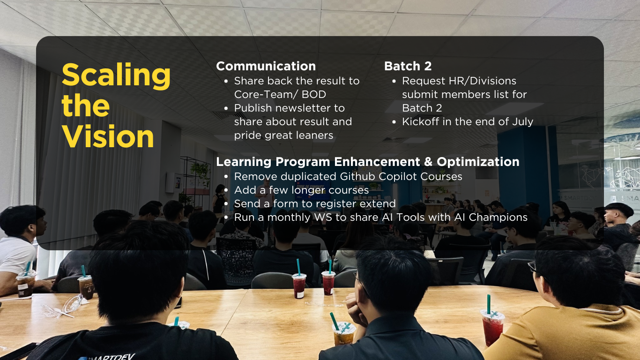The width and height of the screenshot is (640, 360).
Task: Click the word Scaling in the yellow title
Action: point(116,75)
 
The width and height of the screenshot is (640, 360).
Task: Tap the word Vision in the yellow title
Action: point(108,136)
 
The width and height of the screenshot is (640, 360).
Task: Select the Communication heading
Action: point(266,66)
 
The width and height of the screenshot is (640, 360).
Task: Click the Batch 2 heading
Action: point(408,66)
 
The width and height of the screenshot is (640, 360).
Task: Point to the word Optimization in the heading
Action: point(478,162)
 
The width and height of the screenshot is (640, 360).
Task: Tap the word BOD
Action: point(314,94)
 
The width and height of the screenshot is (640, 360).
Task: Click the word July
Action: point(522,122)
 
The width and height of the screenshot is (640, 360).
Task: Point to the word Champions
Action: point(498,217)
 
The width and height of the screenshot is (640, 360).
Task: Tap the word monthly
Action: point(289,217)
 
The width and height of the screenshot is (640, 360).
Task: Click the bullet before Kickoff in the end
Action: point(394,122)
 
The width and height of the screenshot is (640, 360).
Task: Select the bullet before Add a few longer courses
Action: point(226,190)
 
